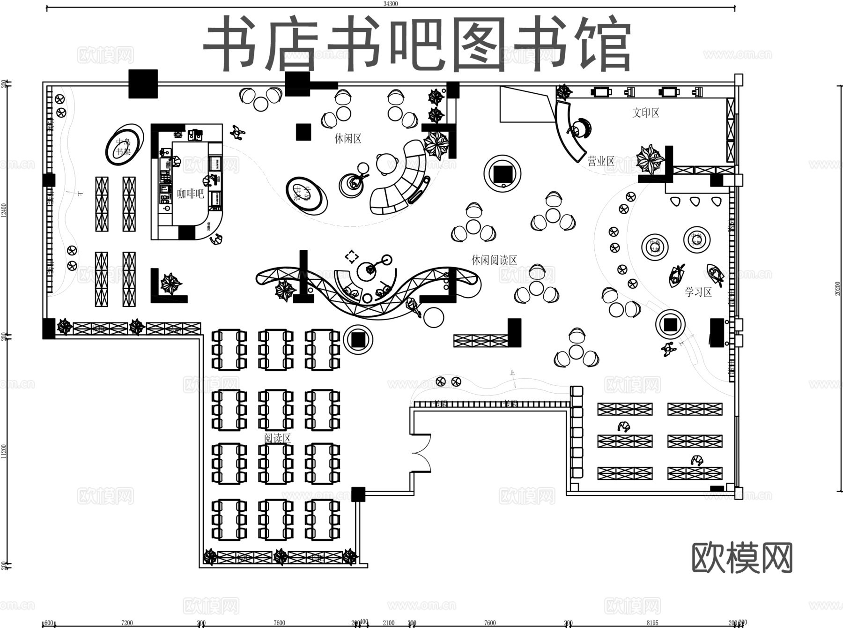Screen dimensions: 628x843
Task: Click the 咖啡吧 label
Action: [x=191, y=193]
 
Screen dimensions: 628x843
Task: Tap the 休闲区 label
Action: [x=348, y=139]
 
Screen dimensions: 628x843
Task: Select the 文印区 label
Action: [x=646, y=112]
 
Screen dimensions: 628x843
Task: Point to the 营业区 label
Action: [x=601, y=161]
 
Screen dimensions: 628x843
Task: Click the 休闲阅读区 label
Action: [x=494, y=260]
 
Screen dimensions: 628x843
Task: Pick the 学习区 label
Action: [x=698, y=292]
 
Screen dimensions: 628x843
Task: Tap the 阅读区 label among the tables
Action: [x=277, y=438]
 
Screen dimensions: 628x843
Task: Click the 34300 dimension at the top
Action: [x=391, y=4]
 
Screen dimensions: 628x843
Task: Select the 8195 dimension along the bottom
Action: [x=652, y=623]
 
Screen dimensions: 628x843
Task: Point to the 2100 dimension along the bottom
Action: [x=388, y=623]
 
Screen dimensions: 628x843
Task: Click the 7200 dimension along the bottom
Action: [x=127, y=623]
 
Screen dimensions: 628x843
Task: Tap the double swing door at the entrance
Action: [x=421, y=453]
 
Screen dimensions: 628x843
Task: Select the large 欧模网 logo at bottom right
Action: [x=742, y=558]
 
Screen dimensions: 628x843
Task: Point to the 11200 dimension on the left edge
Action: [x=4, y=451]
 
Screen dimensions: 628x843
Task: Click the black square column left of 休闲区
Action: [x=303, y=132]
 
